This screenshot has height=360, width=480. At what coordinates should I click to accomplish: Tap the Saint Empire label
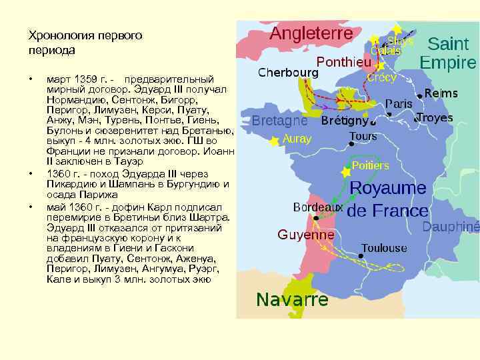tap(448, 54)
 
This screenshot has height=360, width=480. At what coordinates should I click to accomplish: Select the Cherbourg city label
tap(288, 72)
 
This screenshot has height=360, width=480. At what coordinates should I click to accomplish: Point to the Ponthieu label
tap(344, 61)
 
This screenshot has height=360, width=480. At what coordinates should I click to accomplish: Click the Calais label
tap(386, 51)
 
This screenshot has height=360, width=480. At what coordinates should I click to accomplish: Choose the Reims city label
tap(441, 93)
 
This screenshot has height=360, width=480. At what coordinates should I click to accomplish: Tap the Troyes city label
tap(435, 118)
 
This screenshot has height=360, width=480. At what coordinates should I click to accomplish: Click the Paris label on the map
tap(399, 104)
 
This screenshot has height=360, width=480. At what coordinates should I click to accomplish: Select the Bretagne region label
tap(279, 121)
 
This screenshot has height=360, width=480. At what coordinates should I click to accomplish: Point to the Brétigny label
tap(344, 122)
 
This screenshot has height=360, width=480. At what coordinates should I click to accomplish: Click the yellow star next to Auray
tap(273, 141)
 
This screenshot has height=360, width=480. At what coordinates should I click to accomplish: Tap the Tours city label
tap(363, 137)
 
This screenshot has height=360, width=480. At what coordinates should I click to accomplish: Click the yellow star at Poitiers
tap(345, 172)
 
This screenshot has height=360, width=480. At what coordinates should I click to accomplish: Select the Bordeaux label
tap(318, 207)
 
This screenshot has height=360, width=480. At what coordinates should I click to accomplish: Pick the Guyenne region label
tap(306, 235)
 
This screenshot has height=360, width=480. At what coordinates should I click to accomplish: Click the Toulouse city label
tap(384, 248)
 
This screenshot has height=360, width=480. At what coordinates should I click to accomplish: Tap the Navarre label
tap(292, 299)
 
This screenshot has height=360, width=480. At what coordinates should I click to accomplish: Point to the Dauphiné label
tap(451, 227)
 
